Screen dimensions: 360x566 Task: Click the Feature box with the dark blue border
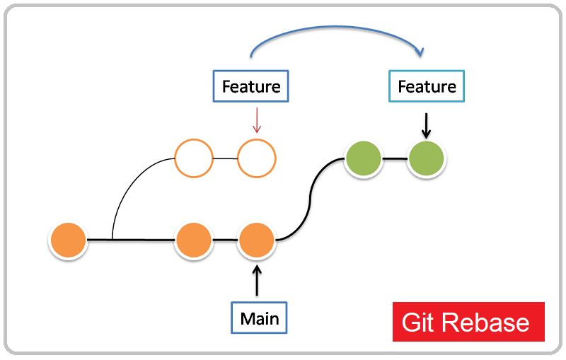[x=251, y=86]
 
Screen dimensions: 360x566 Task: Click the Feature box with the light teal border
[x=427, y=86]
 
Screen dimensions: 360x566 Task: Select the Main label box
[x=260, y=318]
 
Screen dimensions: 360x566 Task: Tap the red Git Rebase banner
[x=468, y=322]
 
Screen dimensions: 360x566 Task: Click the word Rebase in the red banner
[x=486, y=323]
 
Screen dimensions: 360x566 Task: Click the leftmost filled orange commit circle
[x=68, y=240]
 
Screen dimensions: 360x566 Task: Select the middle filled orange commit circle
[x=194, y=240]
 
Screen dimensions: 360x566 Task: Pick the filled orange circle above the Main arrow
[x=256, y=240]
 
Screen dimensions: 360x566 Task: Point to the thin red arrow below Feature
[x=257, y=120]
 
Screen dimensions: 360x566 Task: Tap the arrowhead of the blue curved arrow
[x=420, y=52]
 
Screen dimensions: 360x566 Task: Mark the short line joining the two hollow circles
[x=225, y=158]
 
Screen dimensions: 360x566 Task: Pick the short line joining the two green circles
[x=395, y=158]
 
